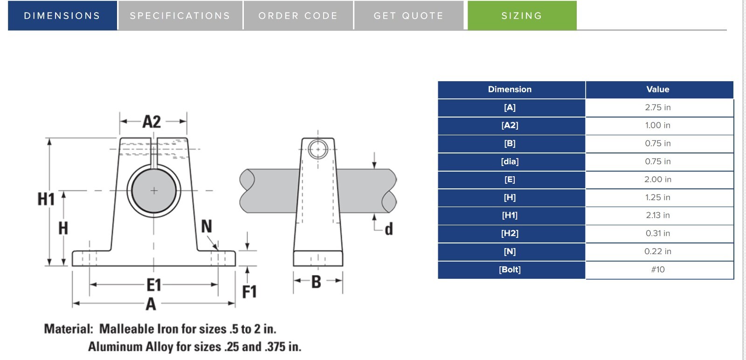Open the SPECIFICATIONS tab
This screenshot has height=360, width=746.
tap(180, 15)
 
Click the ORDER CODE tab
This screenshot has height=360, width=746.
tap(298, 15)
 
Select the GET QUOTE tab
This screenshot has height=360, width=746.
tap(408, 15)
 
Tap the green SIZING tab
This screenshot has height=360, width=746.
tap(522, 15)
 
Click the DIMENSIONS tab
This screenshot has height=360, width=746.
tap(62, 15)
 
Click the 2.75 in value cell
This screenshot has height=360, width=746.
tap(658, 107)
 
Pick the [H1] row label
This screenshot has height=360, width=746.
tap(510, 215)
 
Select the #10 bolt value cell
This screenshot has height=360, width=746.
tap(658, 270)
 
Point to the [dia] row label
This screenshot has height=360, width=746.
tap(510, 161)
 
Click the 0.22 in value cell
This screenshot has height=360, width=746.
tap(658, 251)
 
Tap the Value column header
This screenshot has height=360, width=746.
tap(658, 89)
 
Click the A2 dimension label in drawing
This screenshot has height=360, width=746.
tap(152, 122)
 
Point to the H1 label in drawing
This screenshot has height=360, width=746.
tap(46, 199)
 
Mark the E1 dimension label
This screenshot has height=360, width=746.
tap(154, 284)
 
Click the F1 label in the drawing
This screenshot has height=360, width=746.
tap(249, 292)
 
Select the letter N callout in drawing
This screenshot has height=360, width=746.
tap(206, 227)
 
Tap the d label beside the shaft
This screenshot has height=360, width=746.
tap(388, 229)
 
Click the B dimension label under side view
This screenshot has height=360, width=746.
tap(316, 282)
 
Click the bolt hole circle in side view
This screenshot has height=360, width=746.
tap(318, 150)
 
